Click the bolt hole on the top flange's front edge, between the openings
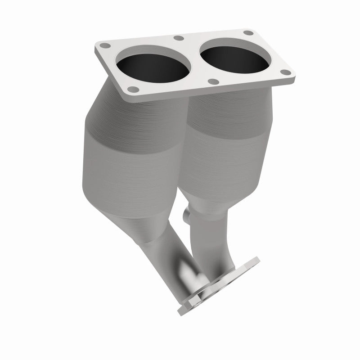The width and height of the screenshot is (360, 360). [x=214, y=82]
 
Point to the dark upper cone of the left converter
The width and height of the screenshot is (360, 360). [x=135, y=108]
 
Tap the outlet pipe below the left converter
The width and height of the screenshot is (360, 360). [x=166, y=247]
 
